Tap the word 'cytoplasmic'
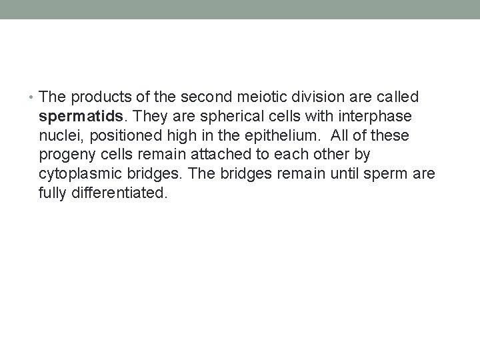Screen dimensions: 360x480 (x=79, y=175)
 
